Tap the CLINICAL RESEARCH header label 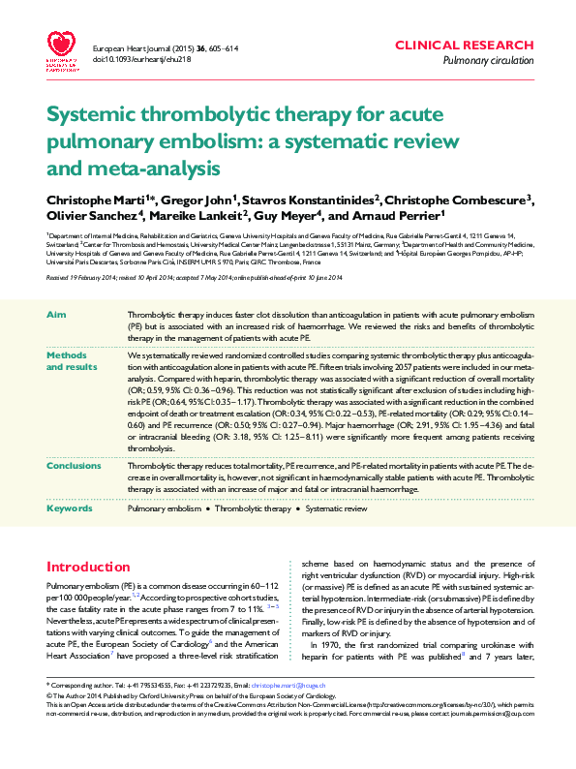[x=464, y=46]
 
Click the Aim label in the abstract [x=57, y=316]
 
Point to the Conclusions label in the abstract [x=75, y=466]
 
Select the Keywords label [x=70, y=508]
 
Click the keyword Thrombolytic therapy [x=253, y=508]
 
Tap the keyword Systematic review [x=336, y=508]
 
